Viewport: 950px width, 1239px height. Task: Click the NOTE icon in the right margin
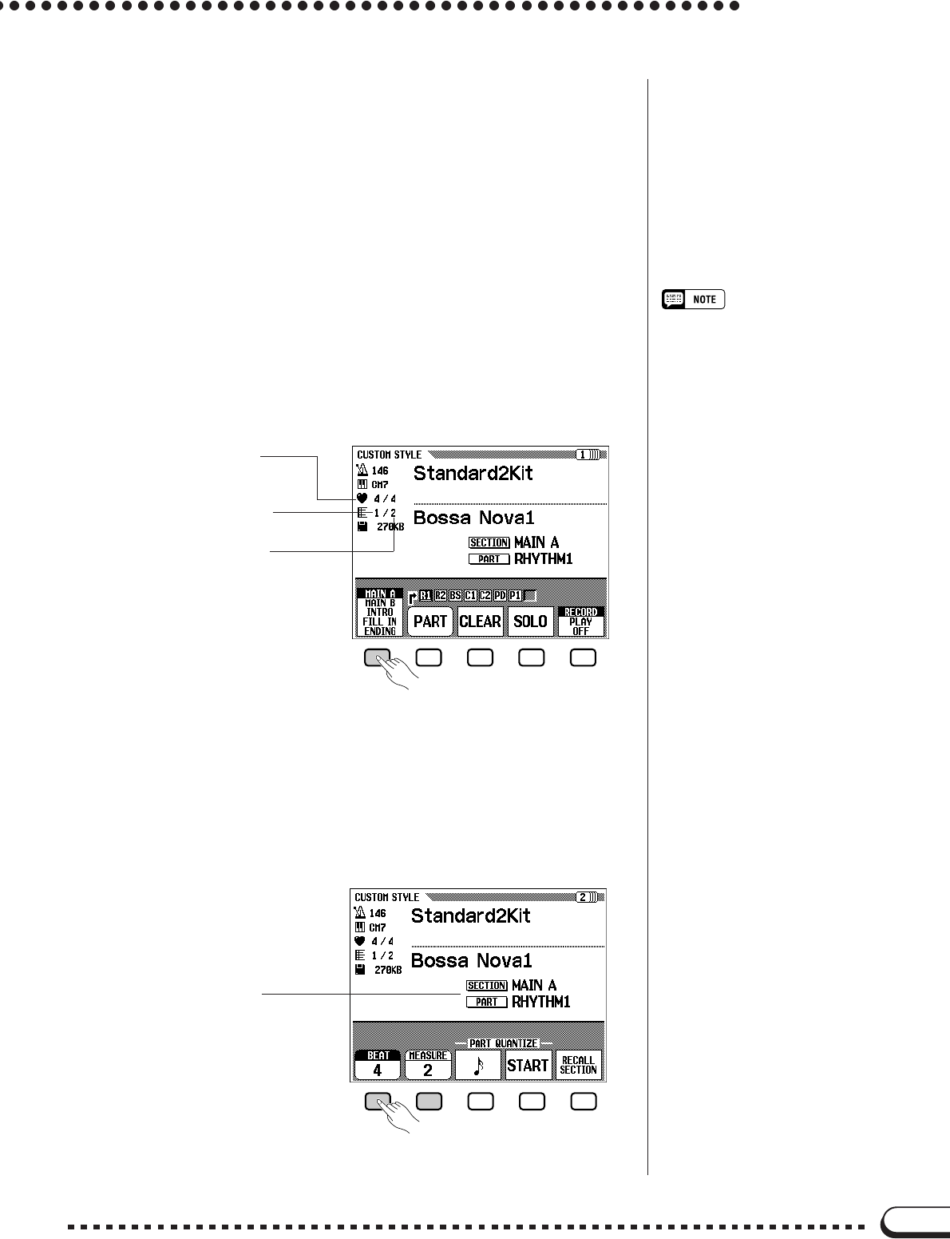693,300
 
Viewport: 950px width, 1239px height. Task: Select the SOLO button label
530,621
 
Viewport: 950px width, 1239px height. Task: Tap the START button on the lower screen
528,1065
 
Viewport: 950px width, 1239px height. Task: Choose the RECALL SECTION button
578,1065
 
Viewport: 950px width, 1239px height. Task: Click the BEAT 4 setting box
377,1065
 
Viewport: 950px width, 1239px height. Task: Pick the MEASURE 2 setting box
428,1065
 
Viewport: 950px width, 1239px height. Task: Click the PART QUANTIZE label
502,1044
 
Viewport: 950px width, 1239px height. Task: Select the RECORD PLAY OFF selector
580,621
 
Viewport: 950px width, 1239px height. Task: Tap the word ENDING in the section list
380,631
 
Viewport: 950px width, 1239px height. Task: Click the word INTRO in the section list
380,612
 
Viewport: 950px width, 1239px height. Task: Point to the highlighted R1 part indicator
426,596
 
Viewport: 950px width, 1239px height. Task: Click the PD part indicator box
500,596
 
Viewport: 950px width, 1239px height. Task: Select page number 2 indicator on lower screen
585,897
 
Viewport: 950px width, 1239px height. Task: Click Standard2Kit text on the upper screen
473,473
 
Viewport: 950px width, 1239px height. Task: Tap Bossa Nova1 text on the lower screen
471,960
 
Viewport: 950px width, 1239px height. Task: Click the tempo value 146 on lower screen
378,913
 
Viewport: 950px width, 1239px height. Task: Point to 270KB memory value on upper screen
390,527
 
